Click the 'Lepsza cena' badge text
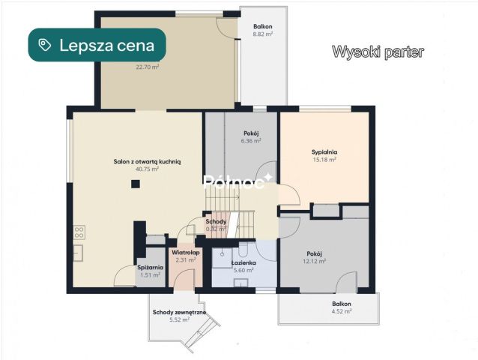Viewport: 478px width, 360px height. [107, 45]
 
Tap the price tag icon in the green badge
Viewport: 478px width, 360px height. [46, 45]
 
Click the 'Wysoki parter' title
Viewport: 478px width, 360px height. [378, 52]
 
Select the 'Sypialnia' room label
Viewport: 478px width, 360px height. [324, 151]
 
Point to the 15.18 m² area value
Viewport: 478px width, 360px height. [324, 159]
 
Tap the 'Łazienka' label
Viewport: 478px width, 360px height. [243, 263]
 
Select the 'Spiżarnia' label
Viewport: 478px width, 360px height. [150, 267]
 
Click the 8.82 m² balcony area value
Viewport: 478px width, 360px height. [262, 34]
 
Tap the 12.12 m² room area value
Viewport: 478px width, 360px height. [314, 261]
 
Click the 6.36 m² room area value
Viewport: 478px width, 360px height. [250, 140]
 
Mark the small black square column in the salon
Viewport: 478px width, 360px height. [135, 184]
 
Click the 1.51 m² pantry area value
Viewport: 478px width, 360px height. [150, 274]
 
